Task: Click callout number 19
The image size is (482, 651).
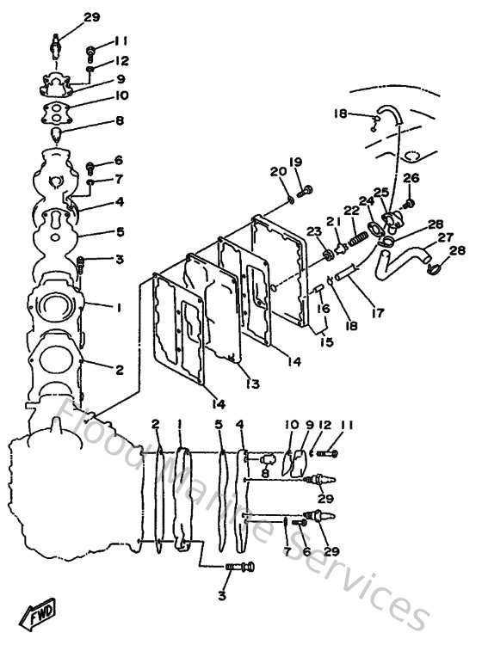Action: [x=295, y=162]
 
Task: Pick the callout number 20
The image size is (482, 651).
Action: [x=277, y=171]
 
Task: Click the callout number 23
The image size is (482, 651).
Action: [x=313, y=231]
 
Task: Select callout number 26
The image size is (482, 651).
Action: [x=411, y=178]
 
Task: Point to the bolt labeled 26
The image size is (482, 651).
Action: [x=409, y=204]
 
